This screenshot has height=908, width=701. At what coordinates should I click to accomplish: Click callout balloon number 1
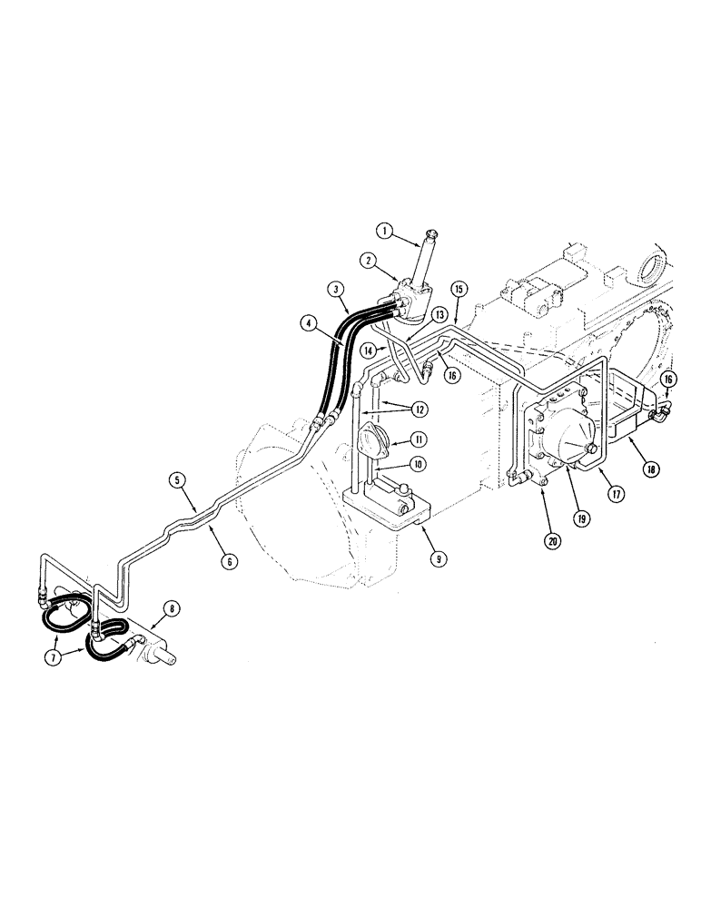click(385, 232)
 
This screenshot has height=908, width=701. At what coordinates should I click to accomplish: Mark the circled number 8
click(171, 609)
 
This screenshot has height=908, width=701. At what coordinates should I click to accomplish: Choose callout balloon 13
click(440, 314)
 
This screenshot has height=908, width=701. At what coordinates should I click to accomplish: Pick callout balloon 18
click(652, 469)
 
